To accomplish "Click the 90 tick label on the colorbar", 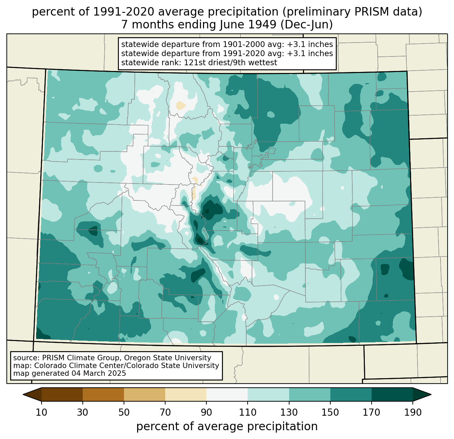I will pyautogui.click(x=206, y=413).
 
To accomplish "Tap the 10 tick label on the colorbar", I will pyautogui.click(x=42, y=413).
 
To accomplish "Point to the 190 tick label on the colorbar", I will pyautogui.click(x=412, y=413).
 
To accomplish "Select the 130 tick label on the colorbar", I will pyautogui.click(x=289, y=413).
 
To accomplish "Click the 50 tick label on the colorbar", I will pyautogui.click(x=124, y=413).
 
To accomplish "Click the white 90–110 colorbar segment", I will pyautogui.click(x=227, y=394).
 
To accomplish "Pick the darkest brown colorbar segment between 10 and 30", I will pyautogui.click(x=62, y=394).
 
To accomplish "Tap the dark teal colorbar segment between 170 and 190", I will pyautogui.click(x=392, y=394).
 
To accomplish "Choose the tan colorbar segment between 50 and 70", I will pyautogui.click(x=145, y=394).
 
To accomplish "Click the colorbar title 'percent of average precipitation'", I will pyautogui.click(x=227, y=426).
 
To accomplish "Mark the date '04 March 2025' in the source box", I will pyautogui.click(x=99, y=373).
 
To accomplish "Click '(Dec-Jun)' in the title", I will pyautogui.click(x=307, y=25).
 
